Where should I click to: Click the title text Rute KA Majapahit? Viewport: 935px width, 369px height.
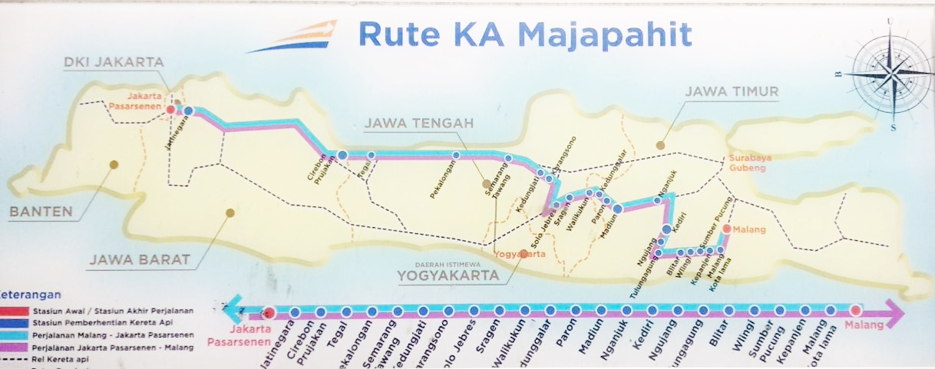pyautogui.click(x=525, y=35)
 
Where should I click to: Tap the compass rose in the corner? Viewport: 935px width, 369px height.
pyautogui.click(x=889, y=74)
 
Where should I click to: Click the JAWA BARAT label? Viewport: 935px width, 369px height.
pyautogui.click(x=139, y=259)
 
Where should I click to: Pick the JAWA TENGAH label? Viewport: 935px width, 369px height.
pyautogui.click(x=418, y=124)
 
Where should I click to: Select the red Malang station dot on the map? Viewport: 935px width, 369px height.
pyautogui.click(x=726, y=229)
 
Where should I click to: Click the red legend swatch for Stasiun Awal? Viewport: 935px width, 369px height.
pyautogui.click(x=15, y=311)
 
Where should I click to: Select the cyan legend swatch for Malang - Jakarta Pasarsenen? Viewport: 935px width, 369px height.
pyautogui.click(x=15, y=335)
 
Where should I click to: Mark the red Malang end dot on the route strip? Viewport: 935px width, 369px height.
pyautogui.click(x=855, y=311)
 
